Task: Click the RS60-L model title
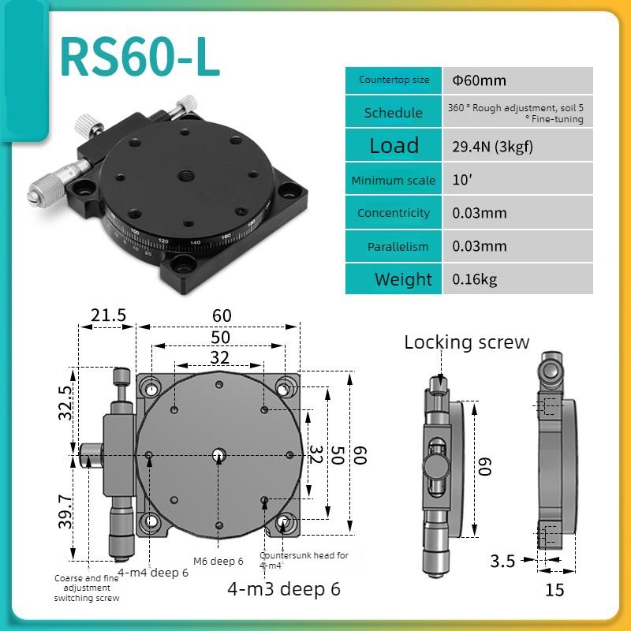pos(140,57)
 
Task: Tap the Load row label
pos(394,145)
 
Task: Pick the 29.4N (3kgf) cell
pos(492,147)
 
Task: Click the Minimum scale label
pos(393,180)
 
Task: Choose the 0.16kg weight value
pos(475,279)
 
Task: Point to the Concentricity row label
pos(393,213)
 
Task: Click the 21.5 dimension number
pos(108,315)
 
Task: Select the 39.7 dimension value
pos(65,511)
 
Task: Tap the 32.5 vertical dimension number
pos(65,403)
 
